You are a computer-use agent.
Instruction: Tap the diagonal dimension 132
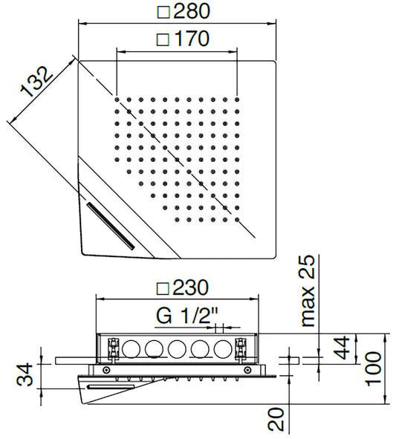point(36,82)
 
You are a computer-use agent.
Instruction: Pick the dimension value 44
point(343,348)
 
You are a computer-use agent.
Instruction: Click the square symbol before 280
point(164,11)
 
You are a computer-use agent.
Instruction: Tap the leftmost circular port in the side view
point(132,348)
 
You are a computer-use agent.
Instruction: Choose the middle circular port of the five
point(178,348)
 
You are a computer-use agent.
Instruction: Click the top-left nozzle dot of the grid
point(118,97)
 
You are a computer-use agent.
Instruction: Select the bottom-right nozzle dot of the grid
point(236,220)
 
